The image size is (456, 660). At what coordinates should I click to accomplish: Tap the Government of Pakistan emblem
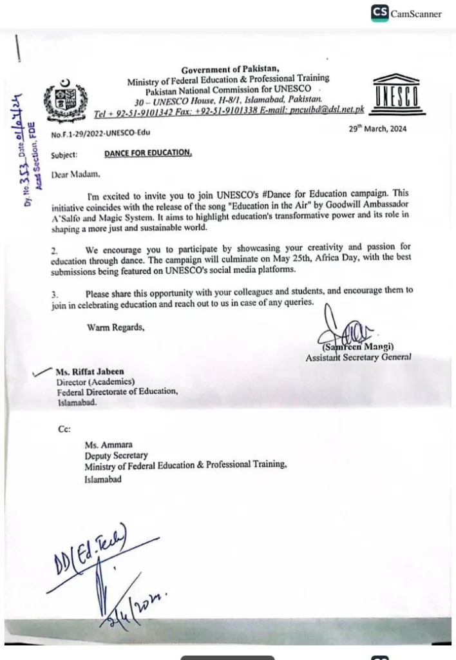(63, 100)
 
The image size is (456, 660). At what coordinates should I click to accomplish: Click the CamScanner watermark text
(416, 14)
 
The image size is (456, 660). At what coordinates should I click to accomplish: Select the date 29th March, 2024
(377, 129)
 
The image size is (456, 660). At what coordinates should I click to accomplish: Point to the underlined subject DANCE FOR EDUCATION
(148, 153)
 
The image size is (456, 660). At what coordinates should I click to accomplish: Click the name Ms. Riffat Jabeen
(90, 372)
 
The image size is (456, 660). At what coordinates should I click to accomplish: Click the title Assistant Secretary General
(358, 357)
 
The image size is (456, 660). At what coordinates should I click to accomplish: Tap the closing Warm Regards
(116, 327)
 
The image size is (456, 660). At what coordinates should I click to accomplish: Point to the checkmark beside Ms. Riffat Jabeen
(43, 372)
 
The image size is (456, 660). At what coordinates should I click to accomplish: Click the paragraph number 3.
(55, 293)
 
